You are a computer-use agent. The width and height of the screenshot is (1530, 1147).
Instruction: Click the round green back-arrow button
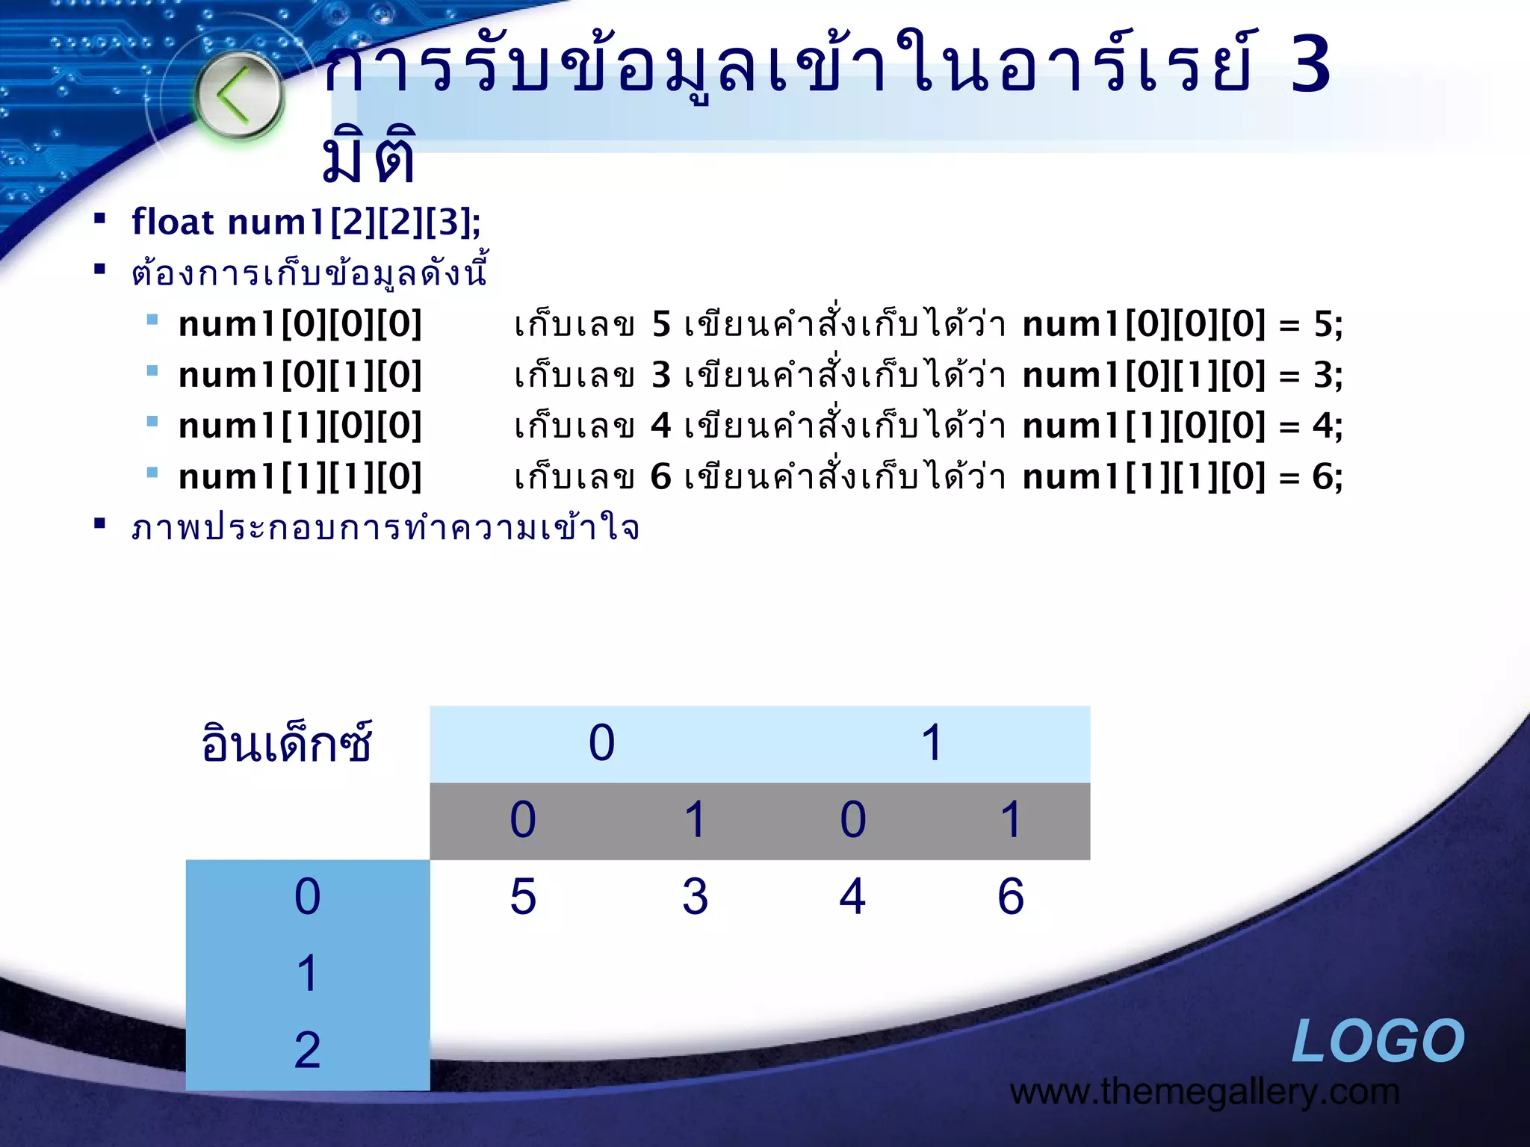pyautogui.click(x=239, y=96)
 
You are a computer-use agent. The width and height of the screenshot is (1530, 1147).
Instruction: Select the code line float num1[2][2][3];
pyautogui.click(x=306, y=222)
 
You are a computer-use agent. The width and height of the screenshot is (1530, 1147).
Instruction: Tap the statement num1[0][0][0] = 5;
pyautogui.click(x=1182, y=324)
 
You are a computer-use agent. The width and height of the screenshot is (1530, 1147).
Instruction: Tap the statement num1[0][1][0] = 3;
pyautogui.click(x=1182, y=375)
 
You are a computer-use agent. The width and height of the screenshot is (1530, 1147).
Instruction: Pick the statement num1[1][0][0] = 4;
pyautogui.click(x=1182, y=426)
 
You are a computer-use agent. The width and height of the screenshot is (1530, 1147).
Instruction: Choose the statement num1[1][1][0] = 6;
pyautogui.click(x=1182, y=476)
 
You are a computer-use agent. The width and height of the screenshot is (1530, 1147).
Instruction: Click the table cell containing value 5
pyautogui.click(x=523, y=896)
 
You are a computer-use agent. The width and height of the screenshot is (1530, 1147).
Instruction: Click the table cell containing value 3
pyautogui.click(x=695, y=896)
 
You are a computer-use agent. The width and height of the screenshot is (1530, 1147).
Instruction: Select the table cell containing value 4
pyautogui.click(x=852, y=896)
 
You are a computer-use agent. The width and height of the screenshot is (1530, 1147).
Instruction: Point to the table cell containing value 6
pyautogui.click(x=1011, y=896)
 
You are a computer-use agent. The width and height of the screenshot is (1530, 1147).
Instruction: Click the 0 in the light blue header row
pyautogui.click(x=601, y=743)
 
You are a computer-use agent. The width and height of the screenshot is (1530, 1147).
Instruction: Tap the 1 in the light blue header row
pyautogui.click(x=931, y=743)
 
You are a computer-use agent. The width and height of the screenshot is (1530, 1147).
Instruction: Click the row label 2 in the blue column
pyautogui.click(x=307, y=1050)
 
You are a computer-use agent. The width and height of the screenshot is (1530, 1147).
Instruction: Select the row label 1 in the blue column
pyautogui.click(x=307, y=973)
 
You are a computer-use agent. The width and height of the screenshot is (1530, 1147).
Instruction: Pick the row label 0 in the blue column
pyautogui.click(x=307, y=896)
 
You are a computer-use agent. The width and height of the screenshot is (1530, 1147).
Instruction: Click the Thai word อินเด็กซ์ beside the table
pyautogui.click(x=287, y=744)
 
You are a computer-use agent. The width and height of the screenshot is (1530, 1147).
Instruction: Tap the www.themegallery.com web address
pyautogui.click(x=1204, y=1092)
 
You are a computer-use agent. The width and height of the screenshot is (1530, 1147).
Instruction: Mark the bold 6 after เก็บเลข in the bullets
pyautogui.click(x=660, y=476)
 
